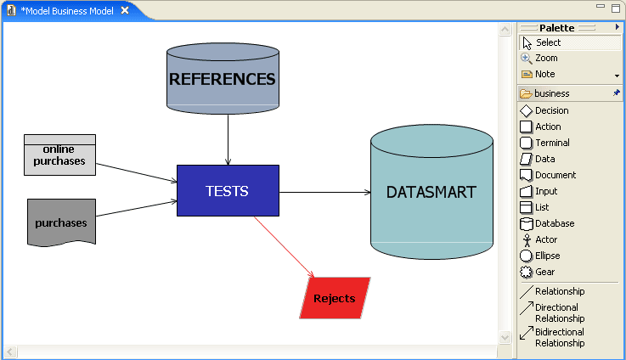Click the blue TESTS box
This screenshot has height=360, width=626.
(228, 190)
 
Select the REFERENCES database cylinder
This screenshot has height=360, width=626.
(223, 79)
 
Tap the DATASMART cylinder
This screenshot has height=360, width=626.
(431, 192)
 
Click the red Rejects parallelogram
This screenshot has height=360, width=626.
(335, 298)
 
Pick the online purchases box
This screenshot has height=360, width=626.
(59, 155)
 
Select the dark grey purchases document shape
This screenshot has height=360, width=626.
(61, 222)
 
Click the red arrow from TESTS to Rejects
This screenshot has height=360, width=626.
(284, 246)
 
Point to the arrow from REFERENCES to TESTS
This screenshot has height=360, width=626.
(228, 138)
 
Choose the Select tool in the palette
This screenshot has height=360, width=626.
(548, 42)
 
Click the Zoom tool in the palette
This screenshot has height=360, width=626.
(546, 58)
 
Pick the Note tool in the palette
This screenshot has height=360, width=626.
(544, 74)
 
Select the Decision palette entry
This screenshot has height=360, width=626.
(551, 110)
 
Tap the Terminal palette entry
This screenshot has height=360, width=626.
(552, 143)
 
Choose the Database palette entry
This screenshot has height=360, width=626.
(554, 223)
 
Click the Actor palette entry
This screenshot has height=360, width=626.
(546, 239)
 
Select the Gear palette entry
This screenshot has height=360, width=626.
(544, 272)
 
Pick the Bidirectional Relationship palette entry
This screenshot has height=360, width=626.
(559, 337)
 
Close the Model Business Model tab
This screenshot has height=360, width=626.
(125, 11)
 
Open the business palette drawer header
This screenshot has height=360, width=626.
(561, 93)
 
